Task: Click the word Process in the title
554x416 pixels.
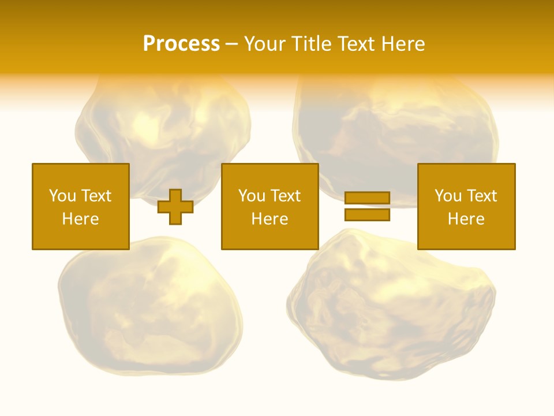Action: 181,44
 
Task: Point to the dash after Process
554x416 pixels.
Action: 231,44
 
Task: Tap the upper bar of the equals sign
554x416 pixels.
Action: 367,198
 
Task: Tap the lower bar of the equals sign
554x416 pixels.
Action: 367,214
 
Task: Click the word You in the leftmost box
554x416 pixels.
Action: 62,196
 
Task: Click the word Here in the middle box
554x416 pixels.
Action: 270,219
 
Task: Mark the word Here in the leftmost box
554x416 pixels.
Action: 81,219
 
